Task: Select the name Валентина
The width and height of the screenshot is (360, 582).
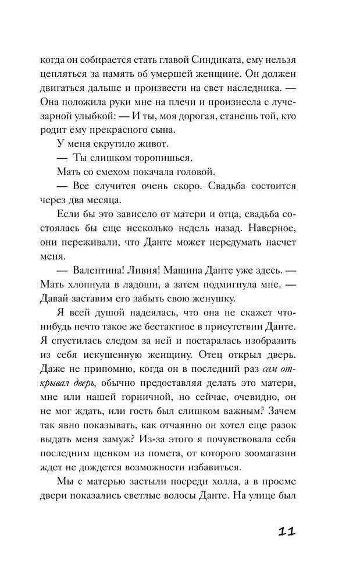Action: [105, 269]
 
